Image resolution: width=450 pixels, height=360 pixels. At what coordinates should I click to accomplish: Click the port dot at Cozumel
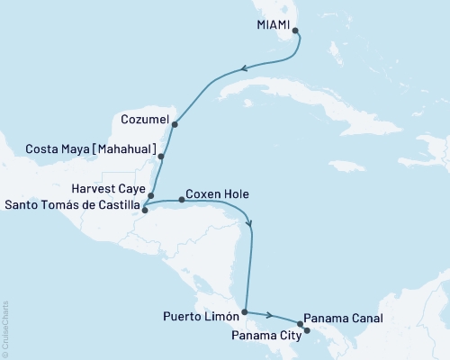pyautogui.click(x=175, y=124)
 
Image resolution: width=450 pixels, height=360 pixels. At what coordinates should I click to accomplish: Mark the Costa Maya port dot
pyautogui.click(x=161, y=157)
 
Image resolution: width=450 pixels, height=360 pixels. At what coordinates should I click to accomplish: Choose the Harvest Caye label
pyautogui.click(x=107, y=190)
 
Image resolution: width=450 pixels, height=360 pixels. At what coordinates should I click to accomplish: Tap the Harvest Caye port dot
pyautogui.click(x=151, y=195)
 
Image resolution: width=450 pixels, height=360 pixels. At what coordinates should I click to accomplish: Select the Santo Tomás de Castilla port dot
pyautogui.click(x=145, y=211)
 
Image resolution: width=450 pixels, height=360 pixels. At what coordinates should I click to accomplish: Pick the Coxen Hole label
pyautogui.click(x=217, y=193)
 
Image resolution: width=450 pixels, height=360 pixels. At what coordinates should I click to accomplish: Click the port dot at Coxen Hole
pyautogui.click(x=182, y=199)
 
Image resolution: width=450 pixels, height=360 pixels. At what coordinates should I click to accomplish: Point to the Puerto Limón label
pyautogui.click(x=202, y=317)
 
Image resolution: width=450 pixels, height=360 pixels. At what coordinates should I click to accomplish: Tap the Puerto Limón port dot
pyautogui.click(x=245, y=311)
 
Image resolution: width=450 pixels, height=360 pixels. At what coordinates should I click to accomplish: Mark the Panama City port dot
pyautogui.click(x=307, y=330)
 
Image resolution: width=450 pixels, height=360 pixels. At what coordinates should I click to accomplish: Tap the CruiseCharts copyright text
pyautogui.click(x=5, y=328)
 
